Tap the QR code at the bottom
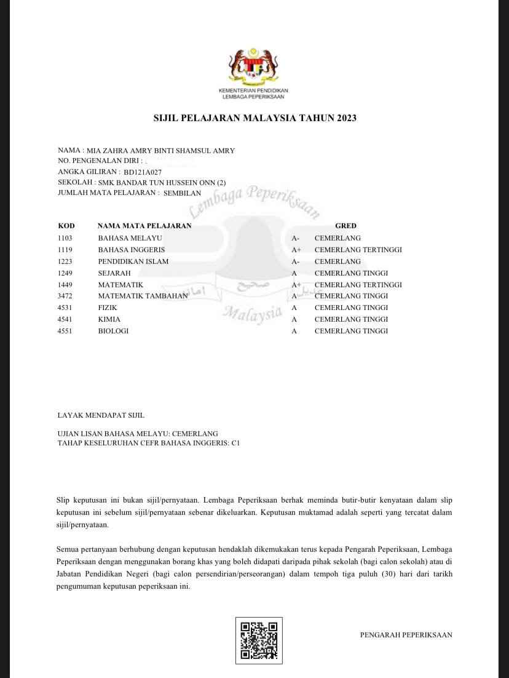click(x=259, y=640)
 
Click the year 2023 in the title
click(x=346, y=118)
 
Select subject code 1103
click(x=65, y=238)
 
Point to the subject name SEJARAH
click(x=114, y=273)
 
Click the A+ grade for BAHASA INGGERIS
click(x=296, y=250)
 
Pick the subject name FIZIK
click(x=108, y=308)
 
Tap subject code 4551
click(x=65, y=331)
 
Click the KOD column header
click(x=66, y=226)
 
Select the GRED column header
click(x=345, y=226)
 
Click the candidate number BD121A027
click(x=143, y=173)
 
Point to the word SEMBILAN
click(x=182, y=193)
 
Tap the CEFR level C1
click(x=235, y=443)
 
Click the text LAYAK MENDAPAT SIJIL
click(x=101, y=415)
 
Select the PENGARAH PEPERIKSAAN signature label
click(x=406, y=635)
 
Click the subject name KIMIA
click(x=109, y=319)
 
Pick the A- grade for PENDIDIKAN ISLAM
click(x=296, y=261)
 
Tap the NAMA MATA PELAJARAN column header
click(x=144, y=226)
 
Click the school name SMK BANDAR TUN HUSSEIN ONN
click(x=157, y=183)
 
